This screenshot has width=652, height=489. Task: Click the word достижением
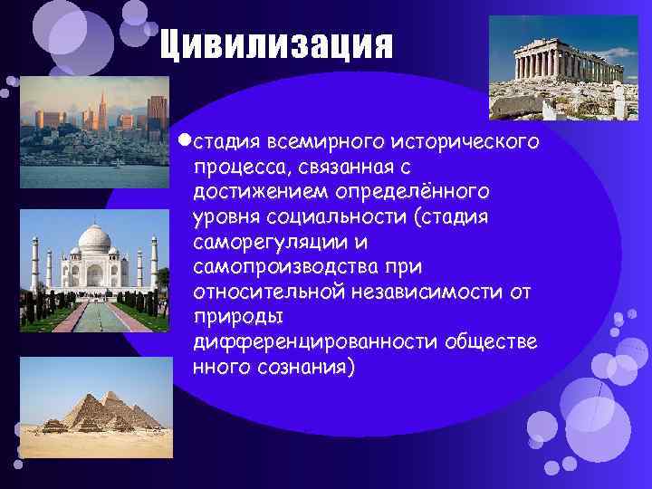pos(262,193)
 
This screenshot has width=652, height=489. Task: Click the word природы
pos(238,318)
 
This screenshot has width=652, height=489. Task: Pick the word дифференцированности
pos(315,342)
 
